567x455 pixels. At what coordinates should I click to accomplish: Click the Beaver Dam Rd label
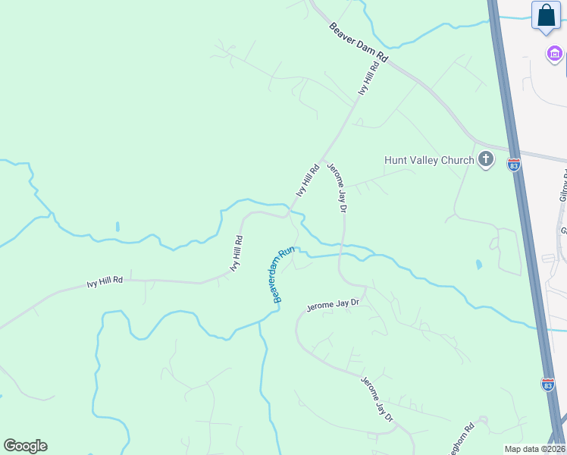pos(359,42)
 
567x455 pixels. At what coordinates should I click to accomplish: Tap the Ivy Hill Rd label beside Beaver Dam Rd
pos(368,79)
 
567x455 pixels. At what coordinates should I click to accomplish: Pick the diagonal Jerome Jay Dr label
pos(377,399)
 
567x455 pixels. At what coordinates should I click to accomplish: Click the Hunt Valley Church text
pos(429,160)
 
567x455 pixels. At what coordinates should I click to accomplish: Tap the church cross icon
pos(486,160)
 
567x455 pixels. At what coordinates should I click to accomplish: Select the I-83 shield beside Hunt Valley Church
pos(514,165)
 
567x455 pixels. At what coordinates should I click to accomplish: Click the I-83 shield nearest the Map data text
pos(547,384)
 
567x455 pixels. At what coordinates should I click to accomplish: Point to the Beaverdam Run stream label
pos(283,275)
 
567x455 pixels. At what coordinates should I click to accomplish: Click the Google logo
pos(25,446)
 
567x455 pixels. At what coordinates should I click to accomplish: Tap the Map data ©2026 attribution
pos(534,449)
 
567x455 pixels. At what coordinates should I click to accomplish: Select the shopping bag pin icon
pos(546,16)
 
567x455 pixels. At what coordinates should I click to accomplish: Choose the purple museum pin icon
pos(555,54)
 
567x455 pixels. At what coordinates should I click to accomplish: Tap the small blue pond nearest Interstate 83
pos(478,265)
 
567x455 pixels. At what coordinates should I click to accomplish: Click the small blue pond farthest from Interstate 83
pos(117,227)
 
